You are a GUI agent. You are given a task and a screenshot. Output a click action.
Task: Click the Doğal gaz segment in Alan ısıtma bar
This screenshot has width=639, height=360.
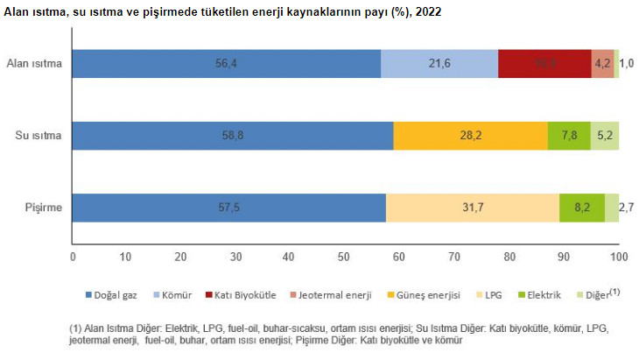click(226, 64)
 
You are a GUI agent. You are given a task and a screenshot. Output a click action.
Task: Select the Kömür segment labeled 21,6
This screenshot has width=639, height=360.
click(439, 64)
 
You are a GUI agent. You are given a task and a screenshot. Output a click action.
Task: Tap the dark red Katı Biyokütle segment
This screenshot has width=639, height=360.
click(544, 64)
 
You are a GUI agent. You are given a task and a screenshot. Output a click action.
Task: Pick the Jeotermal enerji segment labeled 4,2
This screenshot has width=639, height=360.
click(602, 64)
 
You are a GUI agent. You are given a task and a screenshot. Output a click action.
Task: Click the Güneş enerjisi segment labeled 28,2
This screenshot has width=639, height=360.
click(471, 136)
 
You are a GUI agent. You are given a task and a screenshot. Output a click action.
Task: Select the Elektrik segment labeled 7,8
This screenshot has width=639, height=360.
click(569, 136)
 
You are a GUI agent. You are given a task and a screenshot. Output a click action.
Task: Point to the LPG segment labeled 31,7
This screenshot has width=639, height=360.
click(472, 208)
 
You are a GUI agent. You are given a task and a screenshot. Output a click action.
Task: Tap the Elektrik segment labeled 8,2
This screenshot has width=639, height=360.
click(582, 208)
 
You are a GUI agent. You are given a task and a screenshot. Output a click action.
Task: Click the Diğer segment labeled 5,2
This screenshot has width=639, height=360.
click(605, 136)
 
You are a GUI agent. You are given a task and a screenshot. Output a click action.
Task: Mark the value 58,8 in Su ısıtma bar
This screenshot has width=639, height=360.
click(233, 136)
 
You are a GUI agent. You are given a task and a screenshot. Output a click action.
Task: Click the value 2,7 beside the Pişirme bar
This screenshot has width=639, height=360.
click(627, 208)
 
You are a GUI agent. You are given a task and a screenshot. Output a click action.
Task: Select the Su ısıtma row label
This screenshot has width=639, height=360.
click(39, 136)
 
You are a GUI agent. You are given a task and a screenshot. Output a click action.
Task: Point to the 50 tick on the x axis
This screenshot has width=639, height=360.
click(346, 257)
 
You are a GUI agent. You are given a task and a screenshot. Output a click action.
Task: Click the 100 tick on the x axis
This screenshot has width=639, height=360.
click(619, 257)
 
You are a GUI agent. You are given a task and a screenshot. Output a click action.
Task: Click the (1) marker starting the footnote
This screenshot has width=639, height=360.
click(75, 328)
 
